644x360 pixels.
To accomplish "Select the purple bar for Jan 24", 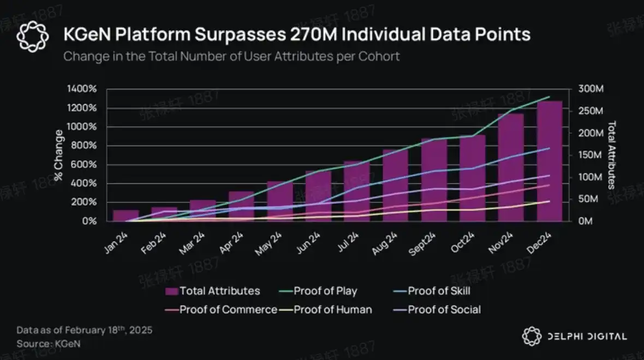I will [126, 215].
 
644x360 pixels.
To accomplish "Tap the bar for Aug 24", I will [395, 185].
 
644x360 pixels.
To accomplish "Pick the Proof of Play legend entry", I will [325, 291].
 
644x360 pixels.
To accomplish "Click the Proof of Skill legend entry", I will [439, 291].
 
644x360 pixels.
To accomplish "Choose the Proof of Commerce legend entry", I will [228, 310].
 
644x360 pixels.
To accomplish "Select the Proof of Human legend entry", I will [333, 310].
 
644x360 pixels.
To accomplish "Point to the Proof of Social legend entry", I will [444, 310].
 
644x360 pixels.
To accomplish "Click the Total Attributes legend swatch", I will [171, 291].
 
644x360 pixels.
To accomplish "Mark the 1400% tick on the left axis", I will [82, 89].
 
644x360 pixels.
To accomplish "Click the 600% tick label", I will [85, 164].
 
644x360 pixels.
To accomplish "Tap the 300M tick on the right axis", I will [591, 89].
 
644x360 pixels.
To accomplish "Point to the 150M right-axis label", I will [591, 155].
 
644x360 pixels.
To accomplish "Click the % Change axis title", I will [58, 155].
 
